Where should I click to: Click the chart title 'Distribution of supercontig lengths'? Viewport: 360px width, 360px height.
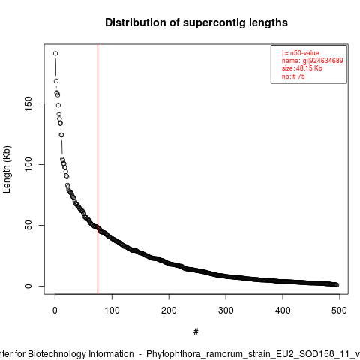[x=196, y=22]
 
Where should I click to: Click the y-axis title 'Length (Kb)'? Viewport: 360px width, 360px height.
[x=7, y=169]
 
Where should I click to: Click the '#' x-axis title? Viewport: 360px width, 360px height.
[x=196, y=332]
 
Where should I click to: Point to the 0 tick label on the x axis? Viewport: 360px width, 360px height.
[x=55, y=310]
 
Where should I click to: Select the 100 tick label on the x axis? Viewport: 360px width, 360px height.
[x=112, y=310]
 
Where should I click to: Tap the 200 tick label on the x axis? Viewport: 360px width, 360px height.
[x=169, y=310]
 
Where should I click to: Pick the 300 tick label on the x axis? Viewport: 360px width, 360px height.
[x=226, y=310]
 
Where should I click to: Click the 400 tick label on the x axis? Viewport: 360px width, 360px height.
[x=283, y=310]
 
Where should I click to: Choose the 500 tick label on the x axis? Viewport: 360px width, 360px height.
[x=339, y=310]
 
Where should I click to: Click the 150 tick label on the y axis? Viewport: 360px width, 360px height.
[x=28, y=104]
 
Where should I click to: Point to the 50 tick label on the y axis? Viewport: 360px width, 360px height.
[x=28, y=225]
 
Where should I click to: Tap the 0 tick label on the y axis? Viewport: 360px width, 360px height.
[x=28, y=286]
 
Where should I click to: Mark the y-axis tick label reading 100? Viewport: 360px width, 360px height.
[x=28, y=164]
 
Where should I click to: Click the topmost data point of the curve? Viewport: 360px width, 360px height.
[x=55, y=53]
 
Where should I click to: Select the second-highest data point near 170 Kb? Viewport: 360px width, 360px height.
[x=56, y=81]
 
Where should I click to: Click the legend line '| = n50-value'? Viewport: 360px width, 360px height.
[x=300, y=53]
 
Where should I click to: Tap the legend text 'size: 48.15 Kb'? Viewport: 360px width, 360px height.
[x=302, y=68]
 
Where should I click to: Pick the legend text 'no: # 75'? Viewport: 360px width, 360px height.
[x=293, y=76]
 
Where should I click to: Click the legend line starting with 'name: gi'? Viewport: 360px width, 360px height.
[x=313, y=61]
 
